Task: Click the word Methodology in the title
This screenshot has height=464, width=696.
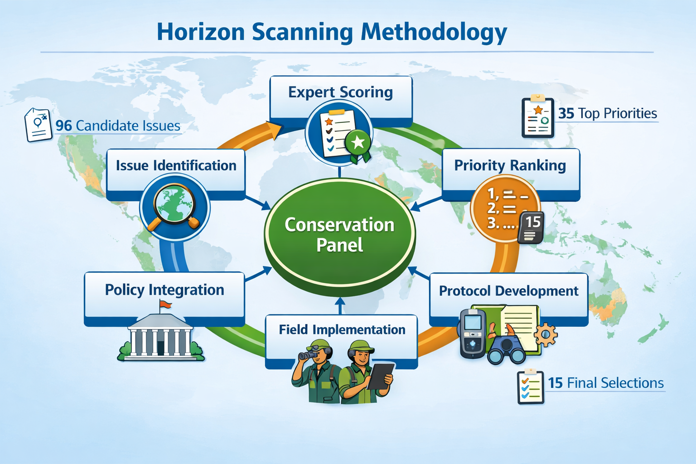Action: tap(434, 33)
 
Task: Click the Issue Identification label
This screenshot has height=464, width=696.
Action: tap(176, 165)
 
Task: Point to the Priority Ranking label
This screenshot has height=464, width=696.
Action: tap(510, 165)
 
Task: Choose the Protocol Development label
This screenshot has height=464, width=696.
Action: tap(508, 291)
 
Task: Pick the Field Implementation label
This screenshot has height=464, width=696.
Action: tap(342, 329)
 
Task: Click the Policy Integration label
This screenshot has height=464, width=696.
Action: tap(164, 290)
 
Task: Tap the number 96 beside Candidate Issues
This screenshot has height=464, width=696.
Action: tap(63, 126)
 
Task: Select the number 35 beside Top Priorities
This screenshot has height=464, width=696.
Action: tap(566, 113)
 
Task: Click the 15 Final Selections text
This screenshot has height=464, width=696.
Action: tap(605, 383)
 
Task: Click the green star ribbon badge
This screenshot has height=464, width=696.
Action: tap(358, 144)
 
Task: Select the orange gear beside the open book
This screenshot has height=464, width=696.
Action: tap(546, 334)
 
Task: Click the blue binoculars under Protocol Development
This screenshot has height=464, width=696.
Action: tap(507, 350)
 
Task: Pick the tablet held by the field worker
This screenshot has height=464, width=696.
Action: tap(380, 376)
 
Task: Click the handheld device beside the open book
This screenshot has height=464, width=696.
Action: tap(473, 333)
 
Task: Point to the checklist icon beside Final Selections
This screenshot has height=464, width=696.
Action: tap(530, 387)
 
